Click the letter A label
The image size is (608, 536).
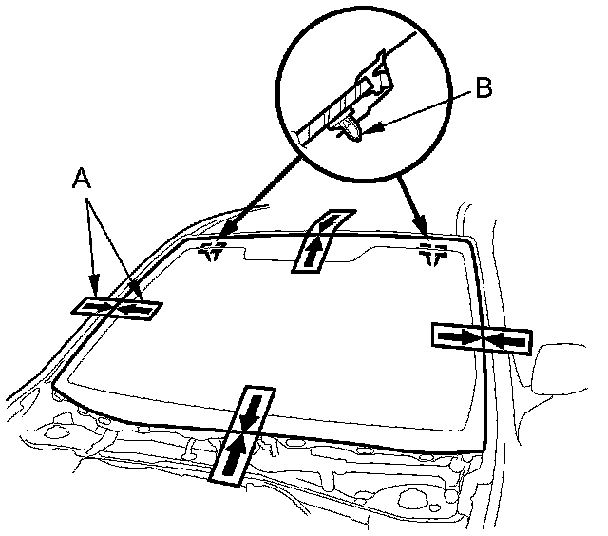(x=82, y=179)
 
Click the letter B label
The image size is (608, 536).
(x=484, y=87)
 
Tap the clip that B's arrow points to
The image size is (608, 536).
(x=351, y=129)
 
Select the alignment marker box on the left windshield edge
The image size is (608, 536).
(x=117, y=309)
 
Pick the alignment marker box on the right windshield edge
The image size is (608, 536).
(x=482, y=338)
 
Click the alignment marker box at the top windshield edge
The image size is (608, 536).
(x=323, y=241)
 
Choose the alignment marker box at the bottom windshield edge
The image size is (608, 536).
(x=242, y=435)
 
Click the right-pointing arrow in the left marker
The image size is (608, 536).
(x=96, y=306)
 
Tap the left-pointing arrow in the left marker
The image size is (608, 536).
(x=135, y=310)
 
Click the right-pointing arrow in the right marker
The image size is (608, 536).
(x=459, y=335)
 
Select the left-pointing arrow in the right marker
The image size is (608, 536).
(x=506, y=341)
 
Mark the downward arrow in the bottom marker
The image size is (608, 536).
(x=251, y=412)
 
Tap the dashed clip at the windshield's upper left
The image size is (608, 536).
(x=212, y=251)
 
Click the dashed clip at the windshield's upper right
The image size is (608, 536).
(x=433, y=254)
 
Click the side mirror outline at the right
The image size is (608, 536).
(x=559, y=370)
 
